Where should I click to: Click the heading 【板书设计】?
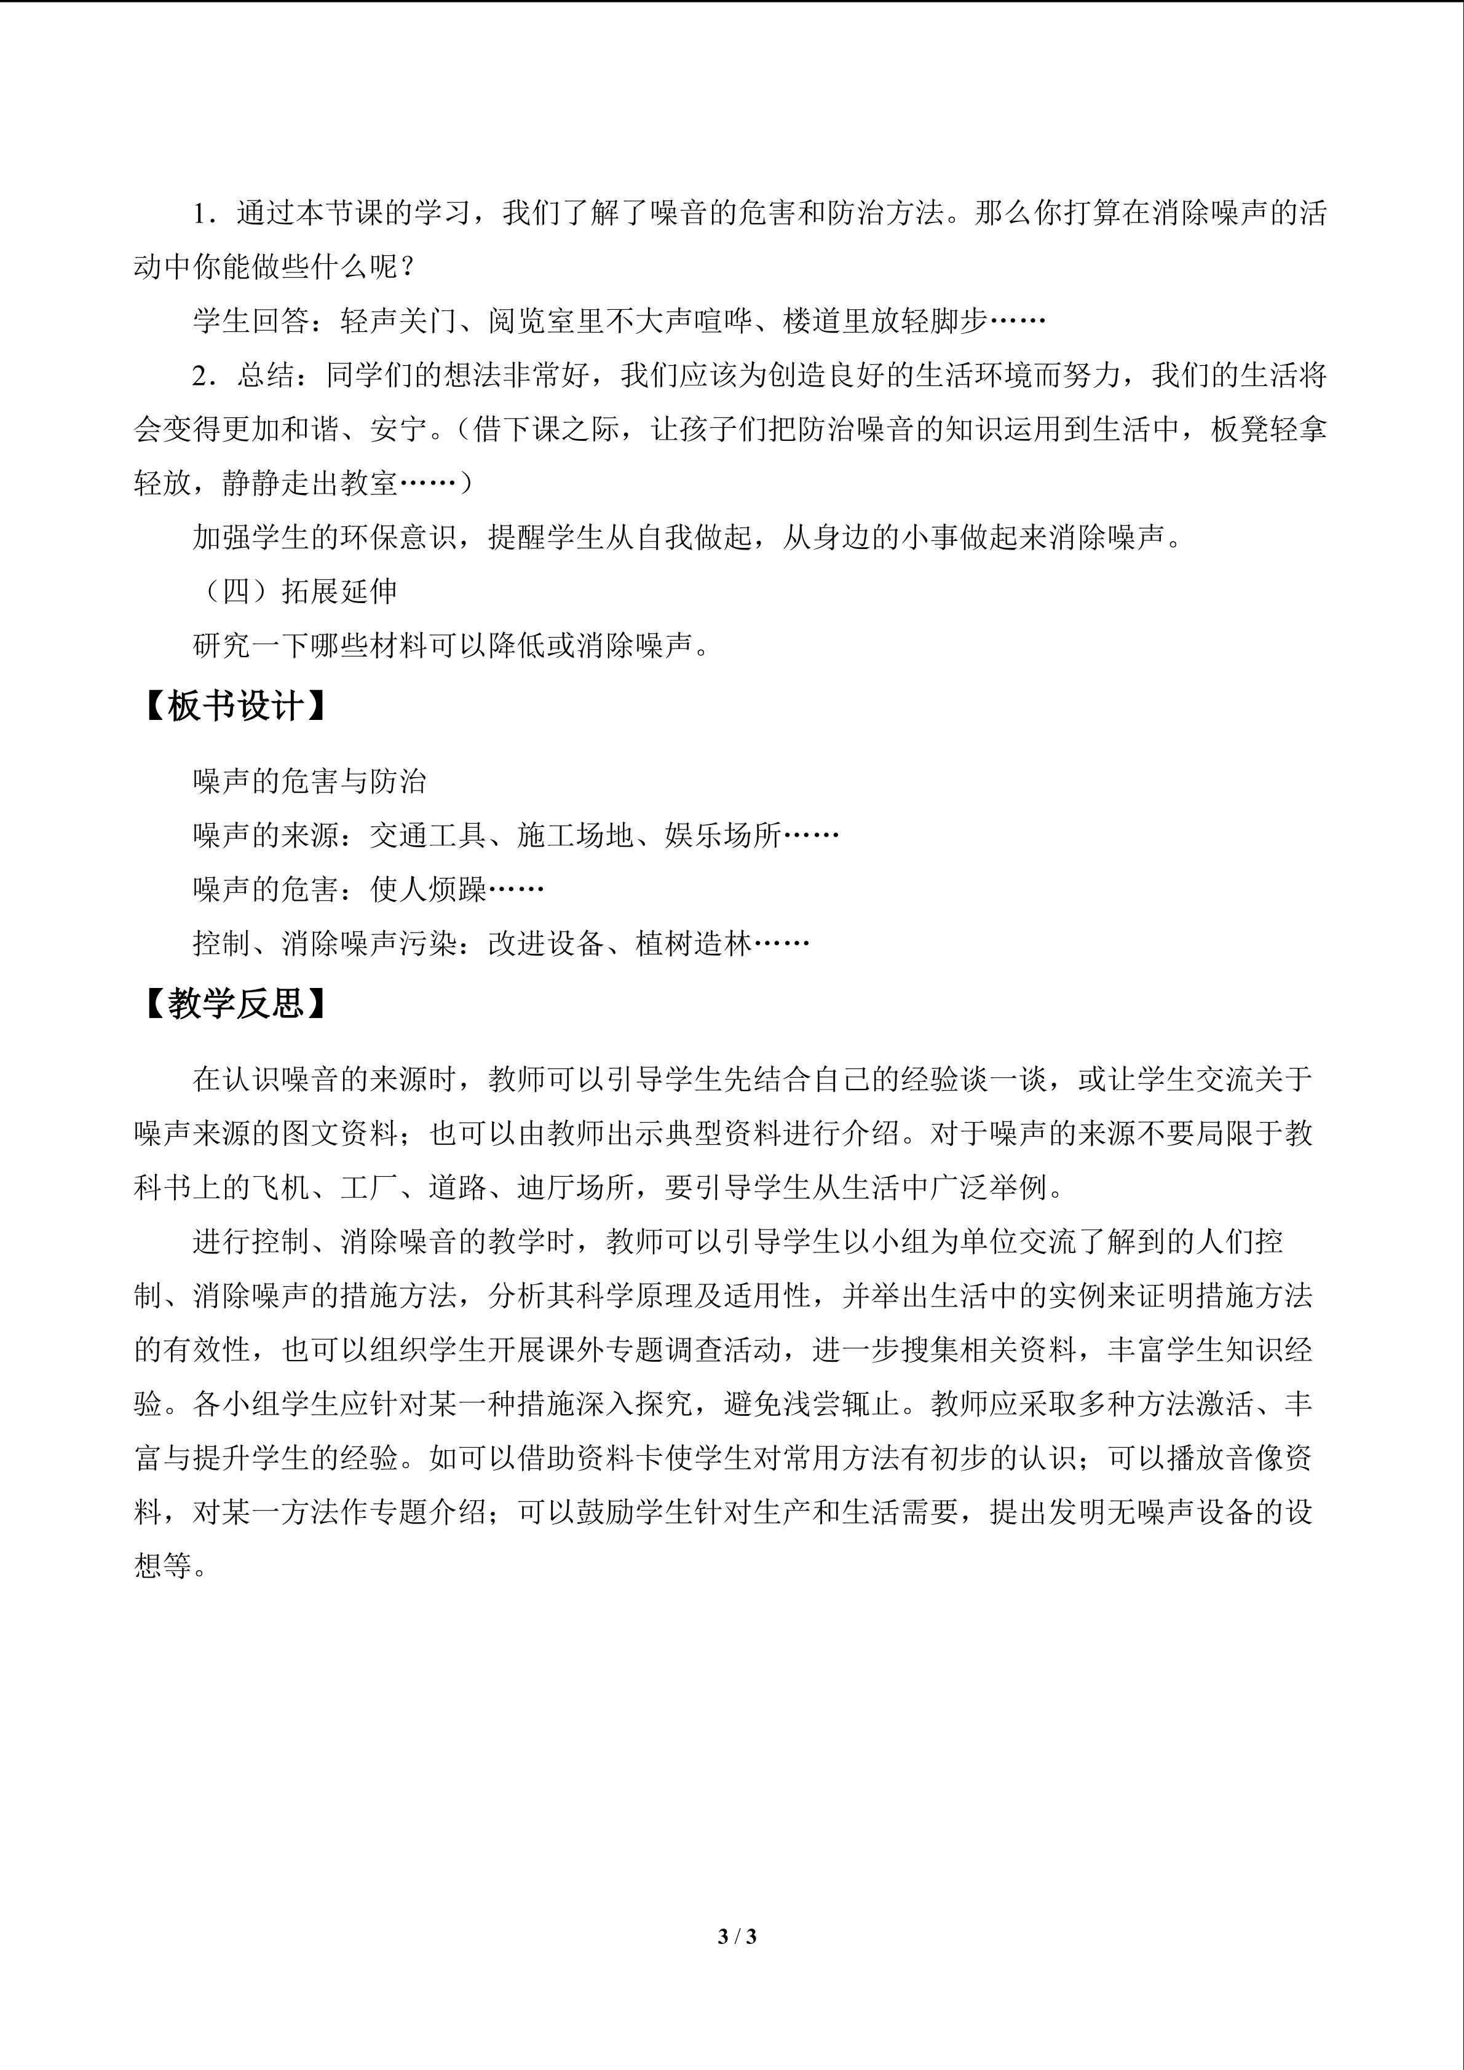pos(234,706)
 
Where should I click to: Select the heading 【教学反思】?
pos(234,1003)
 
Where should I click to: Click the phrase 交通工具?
pos(427,836)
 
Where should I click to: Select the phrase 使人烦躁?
pos(427,890)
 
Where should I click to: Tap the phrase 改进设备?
pos(545,944)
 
